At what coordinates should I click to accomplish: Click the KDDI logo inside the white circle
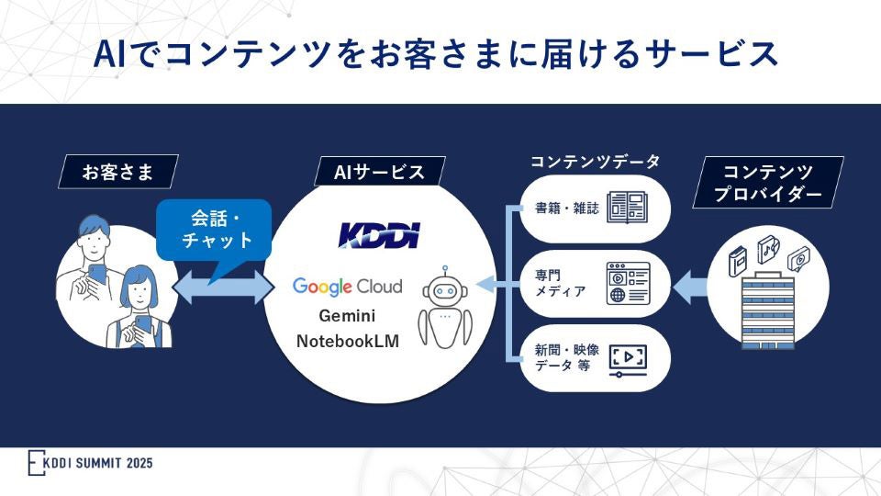point(378,234)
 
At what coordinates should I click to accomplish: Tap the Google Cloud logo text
point(347,286)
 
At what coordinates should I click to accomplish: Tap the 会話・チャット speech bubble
point(216,230)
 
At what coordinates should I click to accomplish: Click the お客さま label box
point(117,172)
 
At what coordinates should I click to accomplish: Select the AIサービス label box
point(378,172)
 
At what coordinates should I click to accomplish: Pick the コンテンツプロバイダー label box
point(768,182)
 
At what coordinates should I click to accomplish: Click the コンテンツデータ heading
point(595,162)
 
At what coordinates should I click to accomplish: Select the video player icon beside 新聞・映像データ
point(628,359)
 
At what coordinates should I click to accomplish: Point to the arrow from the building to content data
point(689,287)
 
